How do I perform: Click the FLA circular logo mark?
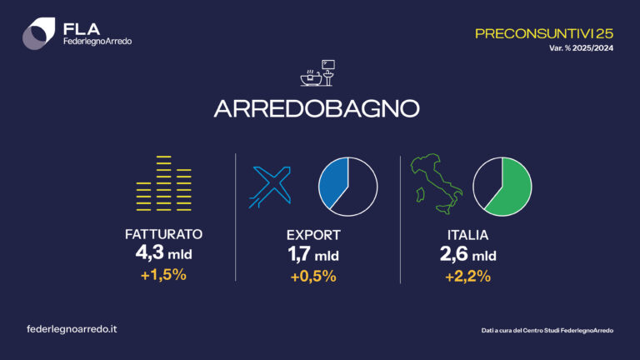[39, 34]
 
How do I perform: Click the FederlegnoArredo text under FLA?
[97, 42]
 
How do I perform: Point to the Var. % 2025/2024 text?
[580, 48]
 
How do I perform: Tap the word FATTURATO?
[163, 235]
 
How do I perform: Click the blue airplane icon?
[271, 185]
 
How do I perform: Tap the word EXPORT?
[312, 235]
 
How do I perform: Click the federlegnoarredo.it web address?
[72, 329]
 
